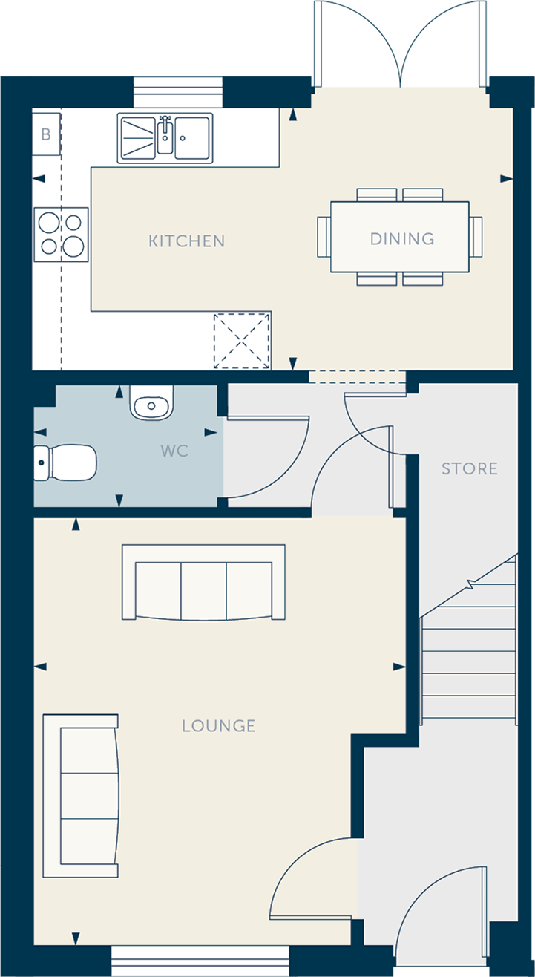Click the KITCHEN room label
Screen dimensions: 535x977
click(x=186, y=241)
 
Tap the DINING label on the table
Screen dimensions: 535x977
click(x=402, y=239)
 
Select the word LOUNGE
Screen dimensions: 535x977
click(x=219, y=726)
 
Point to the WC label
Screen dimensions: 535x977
click(x=174, y=451)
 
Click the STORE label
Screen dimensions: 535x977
click(x=470, y=469)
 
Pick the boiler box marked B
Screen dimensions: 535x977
click(x=46, y=134)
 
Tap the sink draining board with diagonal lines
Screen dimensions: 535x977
click(x=137, y=137)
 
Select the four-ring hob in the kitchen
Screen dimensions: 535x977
click(x=62, y=235)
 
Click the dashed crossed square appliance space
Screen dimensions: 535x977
click(x=242, y=341)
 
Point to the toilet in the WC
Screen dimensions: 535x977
click(x=65, y=463)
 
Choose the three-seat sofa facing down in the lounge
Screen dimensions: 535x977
click(x=203, y=582)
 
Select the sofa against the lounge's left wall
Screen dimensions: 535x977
click(x=81, y=796)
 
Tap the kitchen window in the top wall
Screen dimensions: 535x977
click(x=178, y=92)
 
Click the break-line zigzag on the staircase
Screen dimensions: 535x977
click(x=470, y=583)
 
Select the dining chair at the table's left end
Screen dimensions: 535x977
click(x=324, y=237)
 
